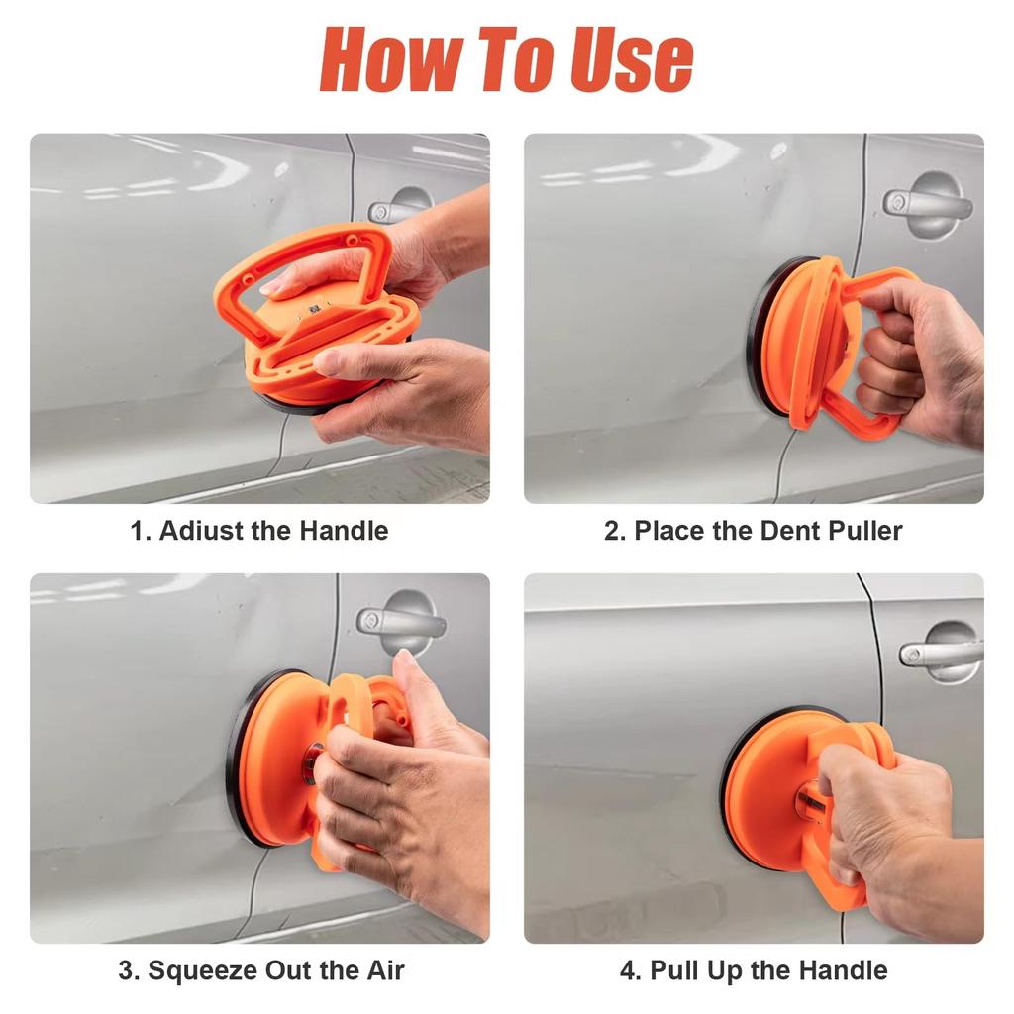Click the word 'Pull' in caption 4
pos(674,970)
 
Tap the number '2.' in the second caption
pos(615,531)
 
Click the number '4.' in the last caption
pos(631,970)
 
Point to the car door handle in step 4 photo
pos(941,654)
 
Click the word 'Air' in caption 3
pos(386,970)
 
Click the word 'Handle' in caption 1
pos(344,531)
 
